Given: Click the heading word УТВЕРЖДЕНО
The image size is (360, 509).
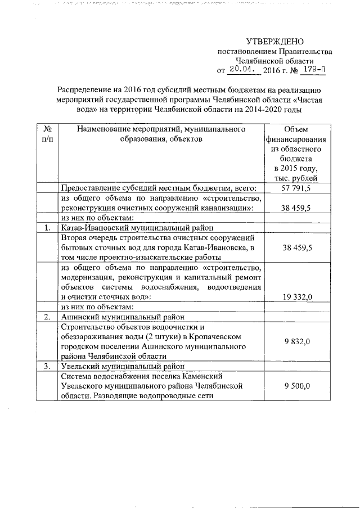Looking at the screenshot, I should [x=275, y=42].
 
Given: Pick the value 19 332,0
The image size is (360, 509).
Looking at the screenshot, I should [x=295, y=296].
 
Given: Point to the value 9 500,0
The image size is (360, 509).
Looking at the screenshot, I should [x=295, y=385].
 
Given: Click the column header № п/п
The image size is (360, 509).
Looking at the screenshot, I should [x=48, y=134].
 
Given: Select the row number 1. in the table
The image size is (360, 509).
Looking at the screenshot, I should [x=48, y=228].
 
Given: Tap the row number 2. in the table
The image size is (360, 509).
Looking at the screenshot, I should [x=48, y=317].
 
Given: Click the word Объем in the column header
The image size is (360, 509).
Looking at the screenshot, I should [x=295, y=130].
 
